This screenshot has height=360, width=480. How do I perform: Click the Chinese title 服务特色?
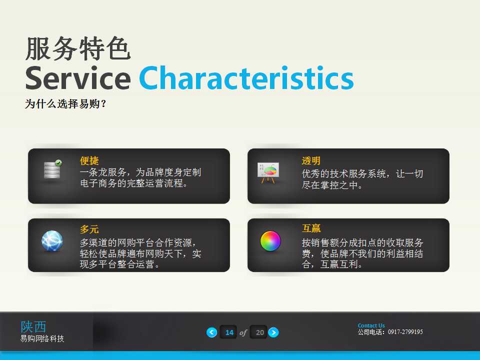[x=77, y=49]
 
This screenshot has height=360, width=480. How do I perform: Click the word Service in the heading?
[x=77, y=78]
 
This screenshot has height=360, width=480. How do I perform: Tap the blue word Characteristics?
[x=246, y=78]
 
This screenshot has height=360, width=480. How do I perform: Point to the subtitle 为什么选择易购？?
[x=66, y=104]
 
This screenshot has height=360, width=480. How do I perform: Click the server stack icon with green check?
[x=52, y=170]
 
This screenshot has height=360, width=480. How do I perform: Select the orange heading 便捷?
[x=89, y=161]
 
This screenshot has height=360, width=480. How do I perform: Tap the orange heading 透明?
[x=311, y=161]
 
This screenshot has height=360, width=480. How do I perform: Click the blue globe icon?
[x=52, y=241]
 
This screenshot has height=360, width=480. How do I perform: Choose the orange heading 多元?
[x=89, y=229]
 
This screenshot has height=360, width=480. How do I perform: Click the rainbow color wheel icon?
[x=270, y=240]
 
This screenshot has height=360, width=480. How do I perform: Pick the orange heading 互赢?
[x=311, y=228]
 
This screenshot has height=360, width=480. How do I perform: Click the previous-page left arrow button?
[x=212, y=332]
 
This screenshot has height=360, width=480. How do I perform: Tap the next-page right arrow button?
[x=273, y=332]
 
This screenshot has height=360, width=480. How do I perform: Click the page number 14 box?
[x=229, y=332]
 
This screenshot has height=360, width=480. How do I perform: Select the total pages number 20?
[x=259, y=332]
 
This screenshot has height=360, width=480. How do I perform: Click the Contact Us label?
[x=371, y=325]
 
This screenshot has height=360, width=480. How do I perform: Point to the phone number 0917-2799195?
[x=405, y=332]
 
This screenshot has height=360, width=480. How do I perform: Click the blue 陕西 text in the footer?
[x=33, y=326]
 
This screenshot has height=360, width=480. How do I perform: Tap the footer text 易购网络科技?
[x=42, y=339]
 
